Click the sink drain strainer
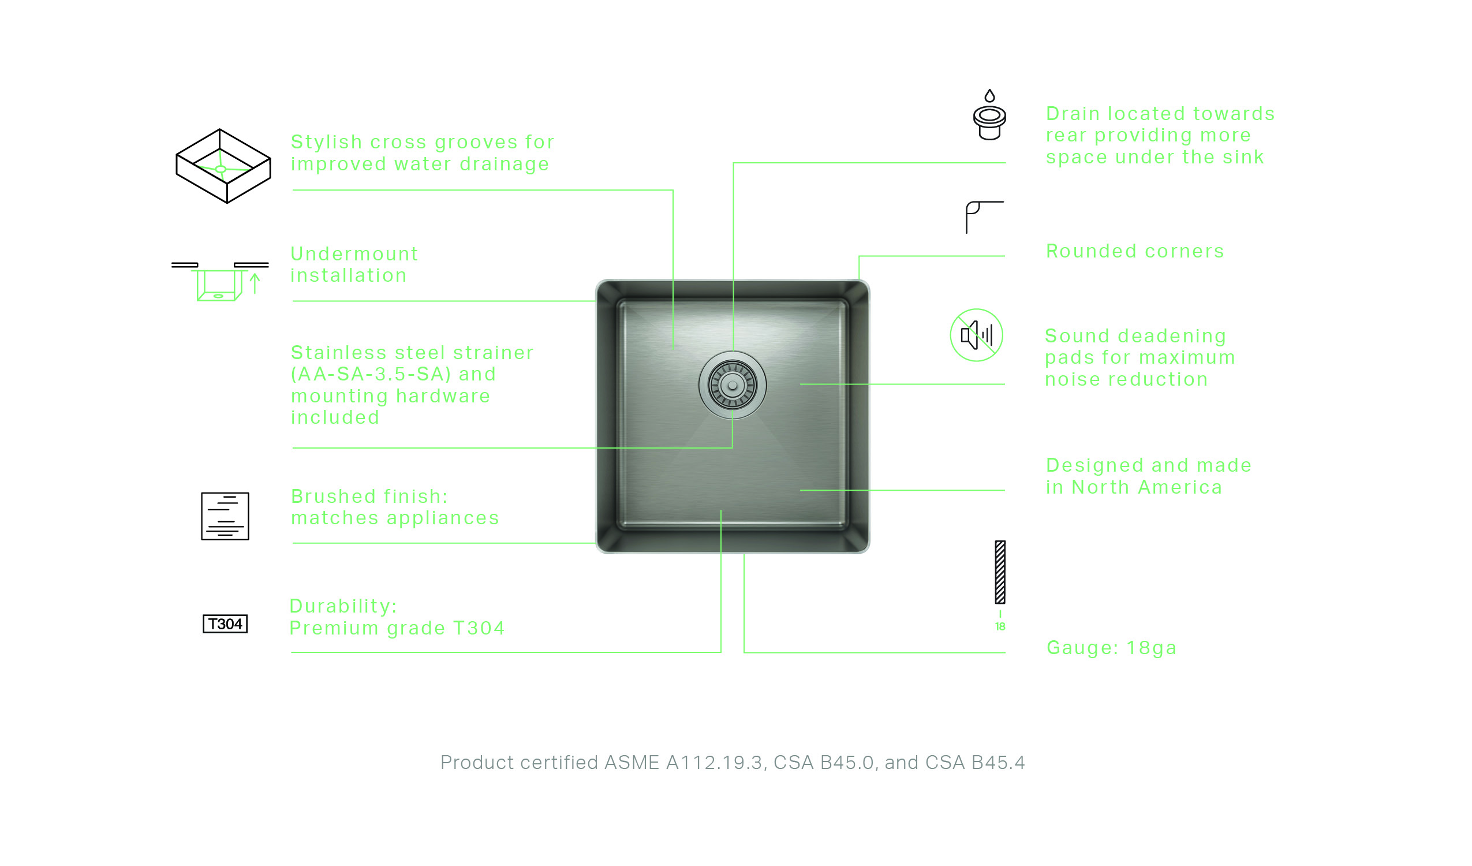pyautogui.click(x=733, y=386)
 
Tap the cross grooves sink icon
pyautogui.click(x=223, y=166)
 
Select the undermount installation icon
pyautogui.click(x=219, y=282)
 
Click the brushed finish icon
pyautogui.click(x=225, y=516)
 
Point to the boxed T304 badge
pyautogui.click(x=225, y=624)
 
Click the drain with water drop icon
pyautogui.click(x=989, y=114)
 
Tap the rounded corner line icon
pyautogui.click(x=985, y=218)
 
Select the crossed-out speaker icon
pyautogui.click(x=977, y=335)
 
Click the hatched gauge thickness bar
pyautogui.click(x=1000, y=572)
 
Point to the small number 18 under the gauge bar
pyautogui.click(x=1000, y=626)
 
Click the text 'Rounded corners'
pyautogui.click(x=1135, y=251)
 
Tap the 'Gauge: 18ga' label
pyautogui.click(x=1112, y=648)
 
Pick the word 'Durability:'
pyautogui.click(x=343, y=606)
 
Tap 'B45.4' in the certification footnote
pyautogui.click(x=997, y=763)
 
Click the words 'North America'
pyautogui.click(x=1146, y=487)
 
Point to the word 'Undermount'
pyautogui.click(x=354, y=254)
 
